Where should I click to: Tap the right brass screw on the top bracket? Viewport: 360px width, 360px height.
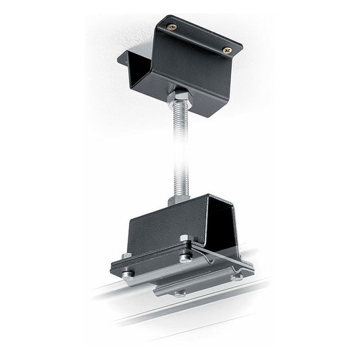(x=226, y=49)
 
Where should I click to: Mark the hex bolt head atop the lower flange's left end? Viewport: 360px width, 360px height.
(x=126, y=255)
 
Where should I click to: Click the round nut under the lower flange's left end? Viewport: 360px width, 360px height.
(x=126, y=272)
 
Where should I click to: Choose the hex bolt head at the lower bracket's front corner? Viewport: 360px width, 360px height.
(x=185, y=240)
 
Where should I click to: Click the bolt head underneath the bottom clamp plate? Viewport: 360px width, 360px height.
(x=179, y=292)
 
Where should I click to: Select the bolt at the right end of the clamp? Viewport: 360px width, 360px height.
(x=236, y=276)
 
